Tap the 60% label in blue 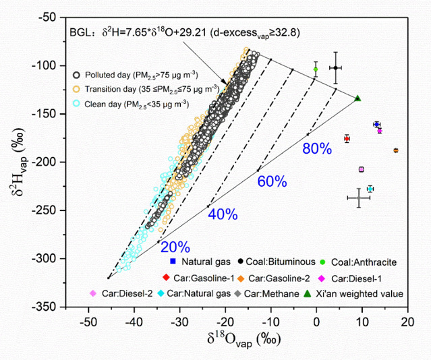click(272, 181)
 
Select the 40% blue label click(223, 214)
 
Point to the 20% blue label click(175, 247)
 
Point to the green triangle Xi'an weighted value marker click(357, 98)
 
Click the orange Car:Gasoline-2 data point click(396, 150)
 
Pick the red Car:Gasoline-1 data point click(347, 138)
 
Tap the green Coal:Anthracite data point click(315, 69)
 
